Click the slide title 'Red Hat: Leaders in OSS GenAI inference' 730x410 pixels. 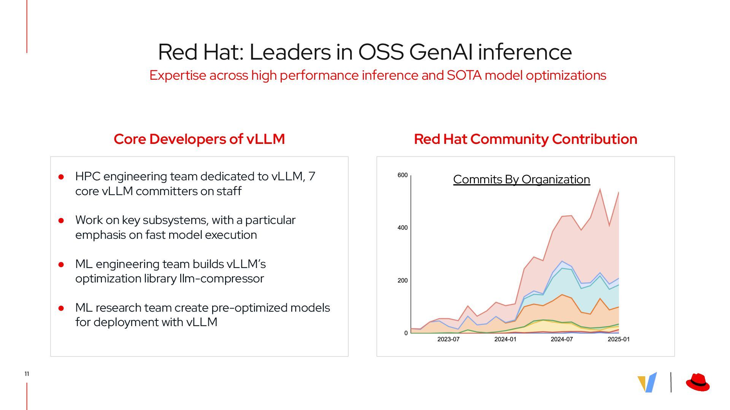click(x=365, y=52)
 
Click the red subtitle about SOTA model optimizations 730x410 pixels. click(x=378, y=75)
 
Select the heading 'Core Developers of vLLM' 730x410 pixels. click(x=199, y=139)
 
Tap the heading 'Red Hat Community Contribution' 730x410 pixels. click(x=525, y=139)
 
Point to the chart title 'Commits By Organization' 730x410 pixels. click(x=521, y=179)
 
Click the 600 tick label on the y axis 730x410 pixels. click(x=402, y=175)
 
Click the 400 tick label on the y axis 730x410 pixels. click(x=402, y=228)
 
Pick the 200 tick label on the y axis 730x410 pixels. click(x=402, y=281)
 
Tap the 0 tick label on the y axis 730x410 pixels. click(x=406, y=333)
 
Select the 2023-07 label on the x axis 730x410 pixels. click(x=448, y=339)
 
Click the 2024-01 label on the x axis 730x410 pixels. click(x=505, y=339)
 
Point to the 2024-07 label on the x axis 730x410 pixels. click(x=562, y=339)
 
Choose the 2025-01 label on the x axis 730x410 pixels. click(x=619, y=339)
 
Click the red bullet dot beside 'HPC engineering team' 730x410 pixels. click(x=61, y=177)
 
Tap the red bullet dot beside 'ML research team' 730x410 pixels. click(x=61, y=308)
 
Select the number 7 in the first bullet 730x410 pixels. click(x=312, y=177)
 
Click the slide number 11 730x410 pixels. click(x=27, y=374)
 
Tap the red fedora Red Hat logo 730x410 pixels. click(x=698, y=382)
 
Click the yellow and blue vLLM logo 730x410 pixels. click(x=647, y=382)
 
